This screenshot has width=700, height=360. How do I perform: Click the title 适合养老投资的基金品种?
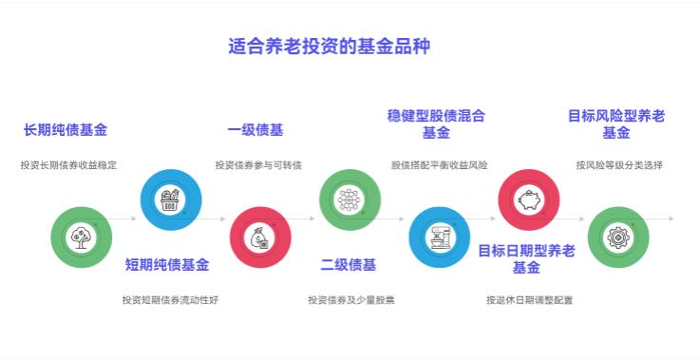(329, 46)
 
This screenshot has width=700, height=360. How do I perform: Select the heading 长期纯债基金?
(66, 130)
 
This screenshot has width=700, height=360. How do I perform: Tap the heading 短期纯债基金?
(168, 264)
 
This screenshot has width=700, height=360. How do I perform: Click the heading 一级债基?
(255, 130)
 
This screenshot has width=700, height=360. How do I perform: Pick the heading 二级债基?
(348, 264)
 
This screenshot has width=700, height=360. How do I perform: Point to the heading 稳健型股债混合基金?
(436, 123)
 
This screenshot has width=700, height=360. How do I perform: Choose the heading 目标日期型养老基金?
(526, 258)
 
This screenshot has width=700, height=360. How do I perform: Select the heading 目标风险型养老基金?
(616, 123)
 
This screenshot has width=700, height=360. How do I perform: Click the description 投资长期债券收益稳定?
(68, 165)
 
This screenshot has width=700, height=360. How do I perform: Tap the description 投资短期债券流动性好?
(170, 300)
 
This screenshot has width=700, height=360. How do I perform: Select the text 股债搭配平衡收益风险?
(439, 165)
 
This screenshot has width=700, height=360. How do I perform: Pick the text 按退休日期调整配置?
(529, 300)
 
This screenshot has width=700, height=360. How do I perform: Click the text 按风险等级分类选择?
(619, 165)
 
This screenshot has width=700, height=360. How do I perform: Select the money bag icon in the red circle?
(260, 237)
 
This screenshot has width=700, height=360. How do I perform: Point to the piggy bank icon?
(529, 199)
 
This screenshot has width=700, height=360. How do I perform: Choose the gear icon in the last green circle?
(618, 237)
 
